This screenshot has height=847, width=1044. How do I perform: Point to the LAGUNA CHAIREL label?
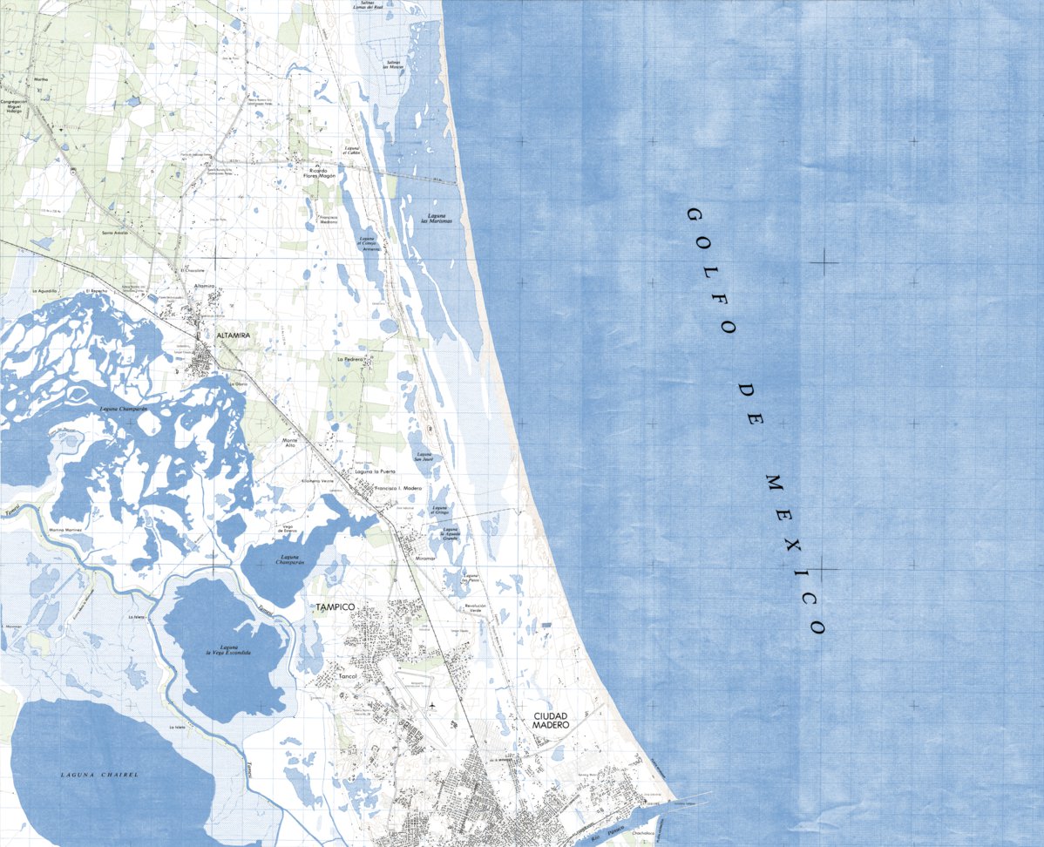pyautogui.click(x=99, y=774)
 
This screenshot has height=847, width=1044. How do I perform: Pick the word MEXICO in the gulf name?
pyautogui.click(x=794, y=552)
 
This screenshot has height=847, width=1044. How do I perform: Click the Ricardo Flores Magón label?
pyautogui.click(x=319, y=173)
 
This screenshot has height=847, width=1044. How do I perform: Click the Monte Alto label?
pyautogui.click(x=290, y=444)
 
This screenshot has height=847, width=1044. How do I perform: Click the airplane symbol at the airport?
pyautogui.click(x=433, y=704)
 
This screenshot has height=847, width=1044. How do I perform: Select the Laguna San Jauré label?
pyautogui.click(x=424, y=457)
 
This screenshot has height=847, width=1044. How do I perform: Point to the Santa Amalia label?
pyautogui.click(x=115, y=233)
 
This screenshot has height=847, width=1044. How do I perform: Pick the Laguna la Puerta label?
pyautogui.click(x=376, y=471)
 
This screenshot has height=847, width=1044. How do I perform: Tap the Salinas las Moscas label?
pyautogui.click(x=394, y=64)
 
